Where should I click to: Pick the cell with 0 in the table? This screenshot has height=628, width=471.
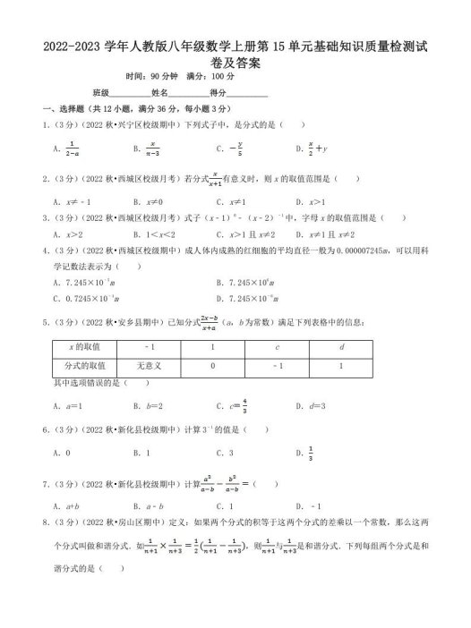pyautogui.click(x=213, y=365)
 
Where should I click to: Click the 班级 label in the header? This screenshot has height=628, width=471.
pyautogui.click(x=99, y=92)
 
